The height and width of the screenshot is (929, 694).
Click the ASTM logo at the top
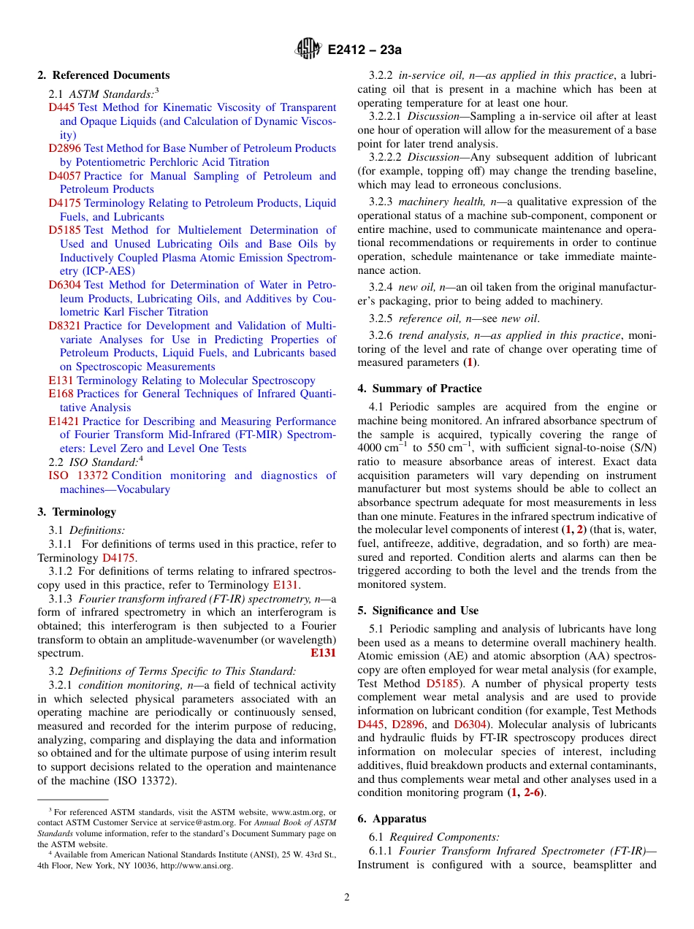pyautogui.click(x=308, y=50)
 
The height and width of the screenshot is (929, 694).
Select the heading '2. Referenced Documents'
pyautogui.click(x=104, y=75)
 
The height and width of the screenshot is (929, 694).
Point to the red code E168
pyautogui.click(x=61, y=394)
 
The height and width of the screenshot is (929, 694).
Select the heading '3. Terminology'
pyautogui.click(x=77, y=512)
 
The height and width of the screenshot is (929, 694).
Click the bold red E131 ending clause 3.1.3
pyautogui.click(x=323, y=653)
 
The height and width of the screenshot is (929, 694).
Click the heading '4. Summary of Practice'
pyautogui.click(x=419, y=389)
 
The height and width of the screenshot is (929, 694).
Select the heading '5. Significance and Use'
pyautogui.click(x=418, y=611)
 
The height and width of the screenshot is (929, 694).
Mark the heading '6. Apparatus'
pyautogui.click(x=392, y=819)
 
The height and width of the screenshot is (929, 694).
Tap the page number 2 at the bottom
pyautogui.click(x=347, y=898)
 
